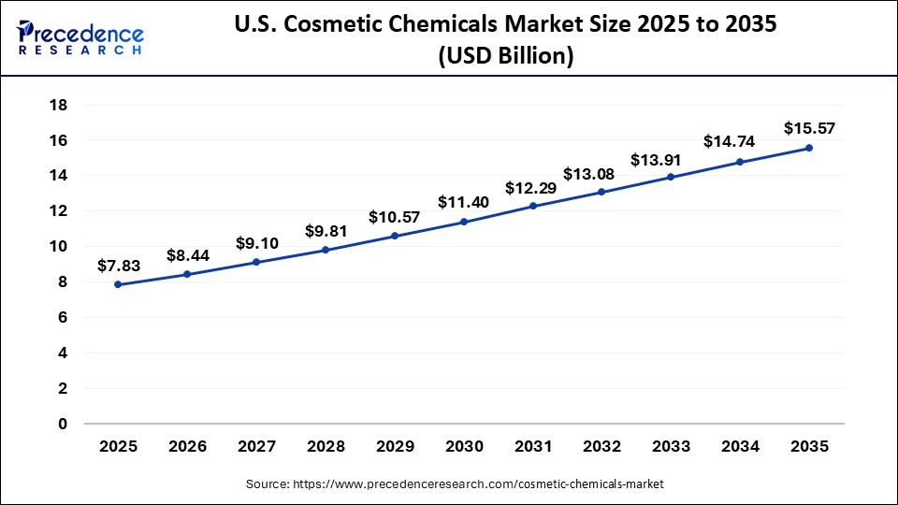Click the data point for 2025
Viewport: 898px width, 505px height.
(118, 284)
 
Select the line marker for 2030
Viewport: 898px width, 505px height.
(463, 222)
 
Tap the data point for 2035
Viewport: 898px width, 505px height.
(808, 148)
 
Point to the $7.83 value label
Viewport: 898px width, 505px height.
(118, 267)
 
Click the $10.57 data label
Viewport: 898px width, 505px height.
(394, 217)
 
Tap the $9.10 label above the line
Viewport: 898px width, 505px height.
(256, 243)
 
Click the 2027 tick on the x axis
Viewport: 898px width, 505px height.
(256, 448)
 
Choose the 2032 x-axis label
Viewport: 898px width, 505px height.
(601, 448)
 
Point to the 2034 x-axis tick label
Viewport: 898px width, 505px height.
(739, 448)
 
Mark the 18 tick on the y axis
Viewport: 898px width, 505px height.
(57, 105)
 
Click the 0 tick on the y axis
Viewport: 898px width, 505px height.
(62, 424)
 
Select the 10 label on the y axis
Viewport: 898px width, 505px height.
(57, 247)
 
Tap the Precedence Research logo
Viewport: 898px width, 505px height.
(80, 37)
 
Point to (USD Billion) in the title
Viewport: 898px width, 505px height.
(505, 56)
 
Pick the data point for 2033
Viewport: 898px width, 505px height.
(671, 177)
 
